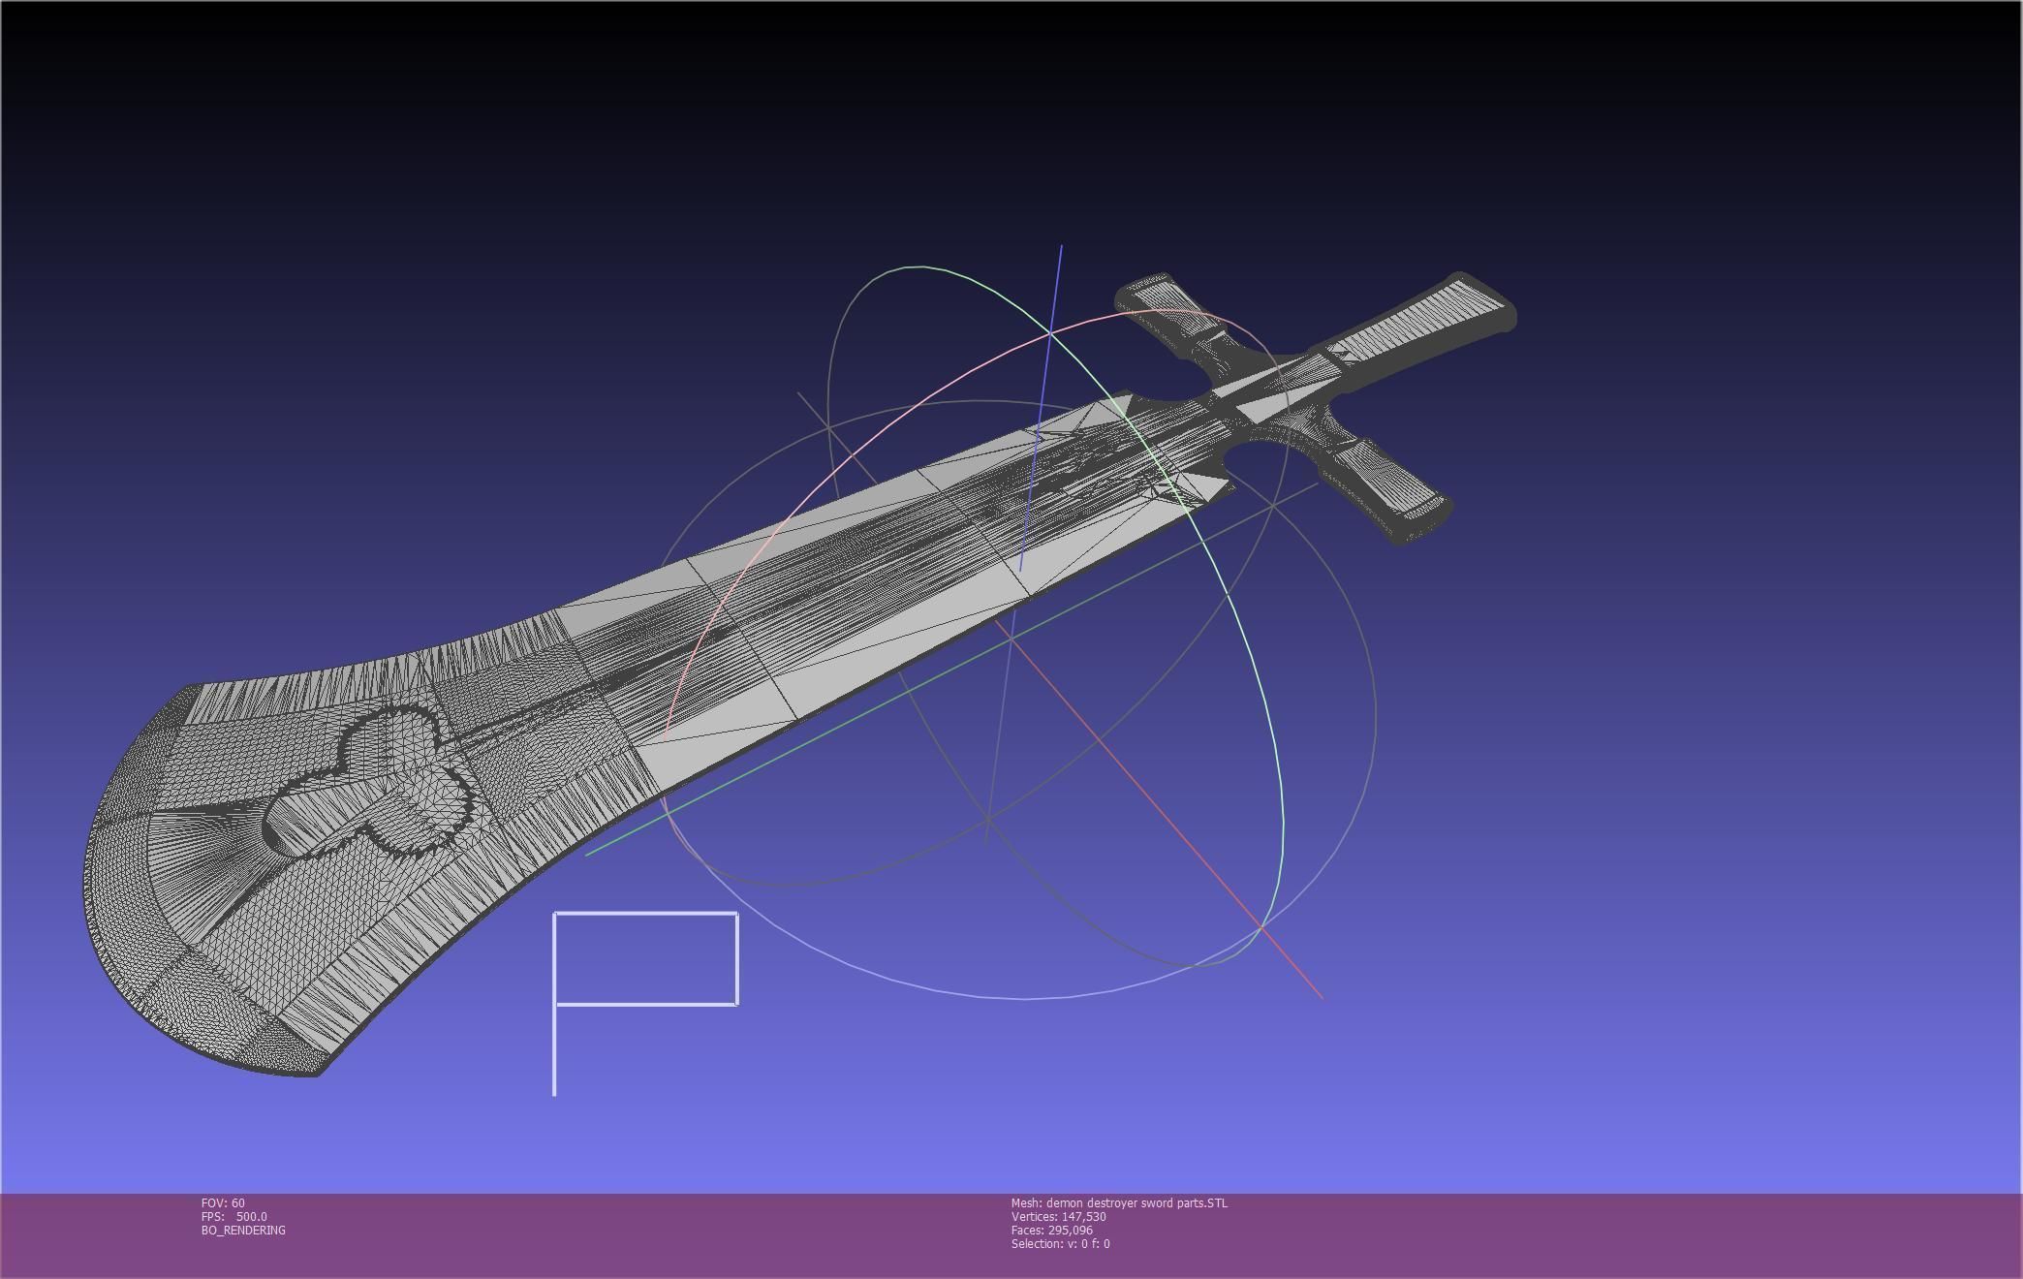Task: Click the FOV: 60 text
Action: (x=223, y=1202)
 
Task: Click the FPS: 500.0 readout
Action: (x=233, y=1216)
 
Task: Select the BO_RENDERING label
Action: (x=243, y=1230)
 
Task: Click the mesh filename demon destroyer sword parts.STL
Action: (x=1118, y=1202)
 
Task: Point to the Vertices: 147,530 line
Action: (x=1058, y=1216)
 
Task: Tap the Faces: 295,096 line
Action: (x=1051, y=1230)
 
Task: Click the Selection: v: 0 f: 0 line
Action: (x=1060, y=1243)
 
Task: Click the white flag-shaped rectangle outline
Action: (x=645, y=958)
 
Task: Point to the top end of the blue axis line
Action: (x=1061, y=247)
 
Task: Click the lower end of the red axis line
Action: (x=1322, y=996)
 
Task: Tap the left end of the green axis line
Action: (x=587, y=854)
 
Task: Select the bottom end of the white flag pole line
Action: (x=554, y=1093)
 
